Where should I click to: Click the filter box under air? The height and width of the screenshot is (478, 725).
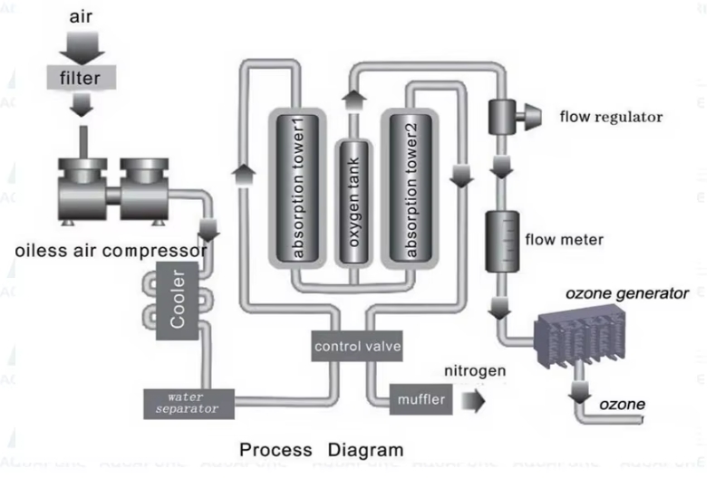point(81,78)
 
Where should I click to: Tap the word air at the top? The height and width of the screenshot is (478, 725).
point(82,16)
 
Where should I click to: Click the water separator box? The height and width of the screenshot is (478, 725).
point(188,402)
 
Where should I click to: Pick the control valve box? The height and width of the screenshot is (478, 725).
point(356,346)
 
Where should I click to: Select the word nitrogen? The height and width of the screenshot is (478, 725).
point(475,370)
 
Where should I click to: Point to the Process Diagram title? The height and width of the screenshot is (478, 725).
point(321,450)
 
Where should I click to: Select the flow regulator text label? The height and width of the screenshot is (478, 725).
point(611,116)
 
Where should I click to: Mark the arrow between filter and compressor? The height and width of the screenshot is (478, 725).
point(81,107)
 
